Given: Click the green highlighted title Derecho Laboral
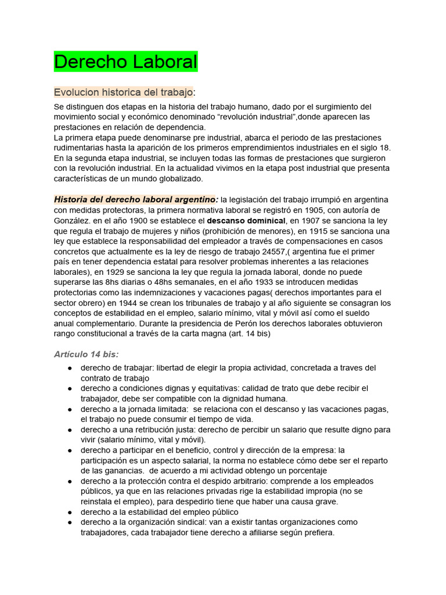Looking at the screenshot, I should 125,62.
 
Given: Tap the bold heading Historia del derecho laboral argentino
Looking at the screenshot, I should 136,199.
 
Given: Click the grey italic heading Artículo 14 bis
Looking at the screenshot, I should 87,354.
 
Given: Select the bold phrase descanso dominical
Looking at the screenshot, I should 247,221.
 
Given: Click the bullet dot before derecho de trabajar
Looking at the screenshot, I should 70,368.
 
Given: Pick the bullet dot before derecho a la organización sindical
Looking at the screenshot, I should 70,522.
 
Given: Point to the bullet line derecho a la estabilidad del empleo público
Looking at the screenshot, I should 159,512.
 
